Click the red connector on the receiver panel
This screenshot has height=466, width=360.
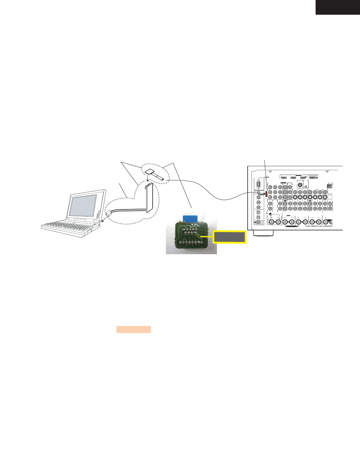(x=266, y=194)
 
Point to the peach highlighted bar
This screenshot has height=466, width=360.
(x=134, y=329)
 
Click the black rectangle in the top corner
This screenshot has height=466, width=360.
(x=338, y=7)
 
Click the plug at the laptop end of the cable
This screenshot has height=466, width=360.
(x=109, y=214)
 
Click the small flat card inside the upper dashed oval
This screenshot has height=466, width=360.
(x=150, y=172)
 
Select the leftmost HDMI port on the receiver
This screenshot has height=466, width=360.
(x=284, y=178)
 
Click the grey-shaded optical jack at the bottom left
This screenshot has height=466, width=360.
(x=258, y=222)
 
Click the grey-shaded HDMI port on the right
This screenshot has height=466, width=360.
(x=313, y=178)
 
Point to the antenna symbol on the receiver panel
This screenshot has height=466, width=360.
(x=329, y=186)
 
